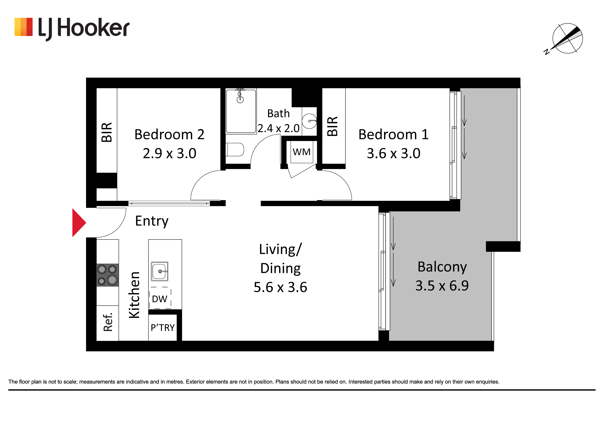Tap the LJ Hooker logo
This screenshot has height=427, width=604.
click(x=72, y=28)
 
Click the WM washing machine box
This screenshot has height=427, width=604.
click(x=302, y=152)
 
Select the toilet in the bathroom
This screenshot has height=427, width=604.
click(x=235, y=150)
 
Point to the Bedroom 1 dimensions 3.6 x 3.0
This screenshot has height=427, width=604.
click(x=394, y=153)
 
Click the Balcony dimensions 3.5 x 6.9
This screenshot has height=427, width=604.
click(x=442, y=286)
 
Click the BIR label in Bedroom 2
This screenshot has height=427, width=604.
click(x=107, y=132)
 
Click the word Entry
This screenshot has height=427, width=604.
click(x=152, y=221)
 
